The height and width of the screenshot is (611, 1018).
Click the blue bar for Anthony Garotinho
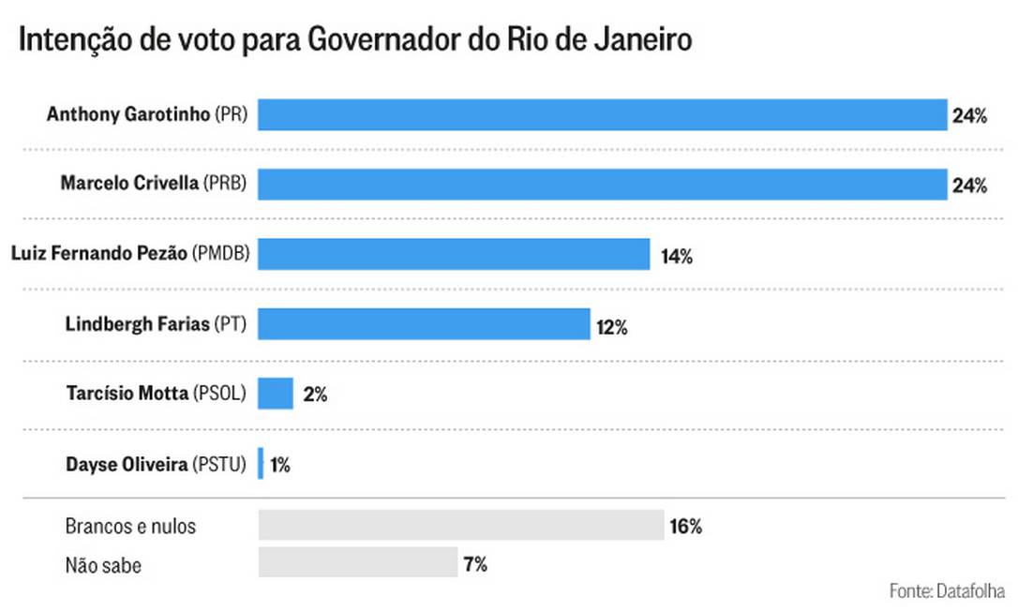602,115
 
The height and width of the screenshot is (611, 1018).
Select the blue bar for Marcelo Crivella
602,185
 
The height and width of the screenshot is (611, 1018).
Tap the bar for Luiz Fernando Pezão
454,254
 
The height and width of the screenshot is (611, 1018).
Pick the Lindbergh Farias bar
424,324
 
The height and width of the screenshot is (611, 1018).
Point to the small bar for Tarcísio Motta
276,394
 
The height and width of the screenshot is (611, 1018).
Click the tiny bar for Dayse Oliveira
261,463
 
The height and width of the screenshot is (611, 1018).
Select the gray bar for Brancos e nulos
461,526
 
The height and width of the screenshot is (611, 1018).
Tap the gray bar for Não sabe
358,562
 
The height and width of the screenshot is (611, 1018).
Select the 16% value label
685,526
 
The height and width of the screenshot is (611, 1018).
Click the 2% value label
315,395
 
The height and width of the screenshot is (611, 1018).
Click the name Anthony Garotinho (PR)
146,115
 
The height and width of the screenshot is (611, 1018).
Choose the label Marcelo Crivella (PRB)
153,185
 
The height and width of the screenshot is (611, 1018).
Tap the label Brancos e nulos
130,526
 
